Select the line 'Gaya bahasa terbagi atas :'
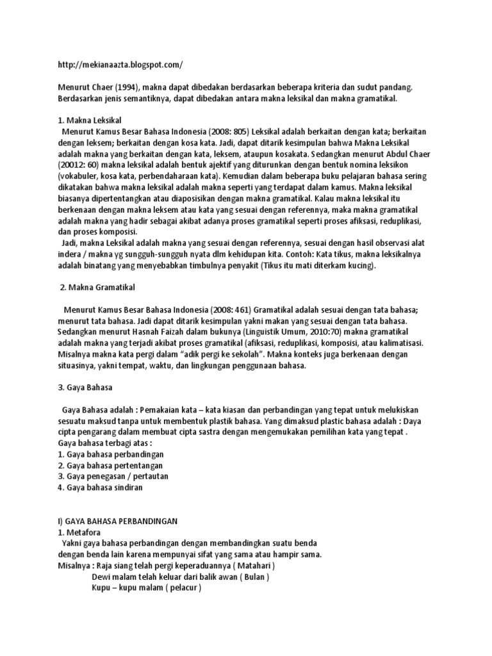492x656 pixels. coord(106,443)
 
